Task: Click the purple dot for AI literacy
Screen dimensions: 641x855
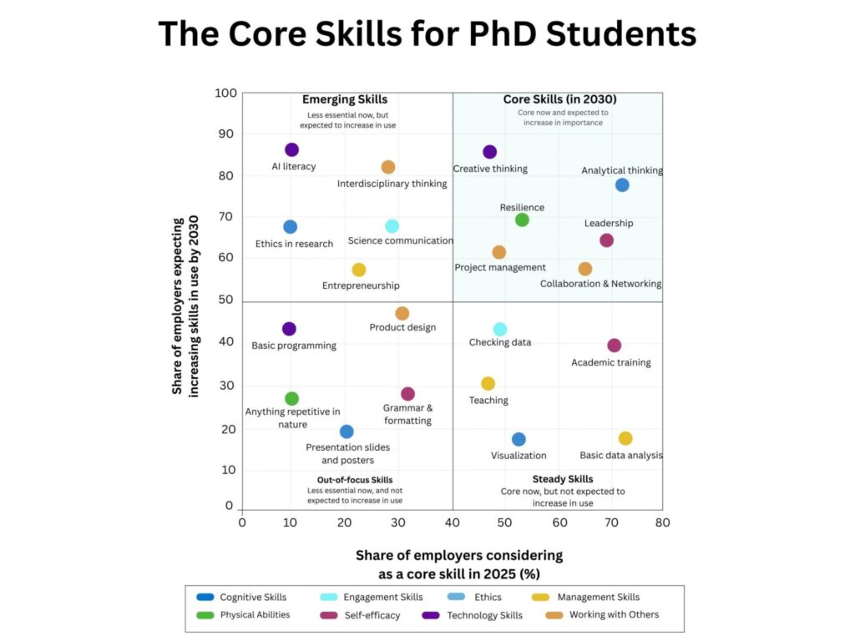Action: (291, 150)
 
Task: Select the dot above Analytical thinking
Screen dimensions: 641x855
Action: (622, 185)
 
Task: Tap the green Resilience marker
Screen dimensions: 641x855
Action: (522, 220)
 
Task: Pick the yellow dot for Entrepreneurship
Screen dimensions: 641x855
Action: (359, 270)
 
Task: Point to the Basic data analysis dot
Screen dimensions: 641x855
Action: (625, 439)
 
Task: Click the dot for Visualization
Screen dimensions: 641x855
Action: (519, 440)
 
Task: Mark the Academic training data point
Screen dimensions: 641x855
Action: (615, 346)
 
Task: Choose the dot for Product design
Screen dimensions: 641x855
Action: (402, 314)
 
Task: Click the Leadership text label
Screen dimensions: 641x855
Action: (609, 224)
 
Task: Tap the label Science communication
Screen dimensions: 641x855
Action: (400, 241)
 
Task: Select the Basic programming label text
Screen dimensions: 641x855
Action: (294, 346)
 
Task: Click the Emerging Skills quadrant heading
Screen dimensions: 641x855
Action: (345, 99)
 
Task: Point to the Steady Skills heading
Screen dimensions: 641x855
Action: (563, 479)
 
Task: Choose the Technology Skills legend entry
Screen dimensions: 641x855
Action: (474, 615)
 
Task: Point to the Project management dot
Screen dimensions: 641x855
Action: (499, 253)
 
